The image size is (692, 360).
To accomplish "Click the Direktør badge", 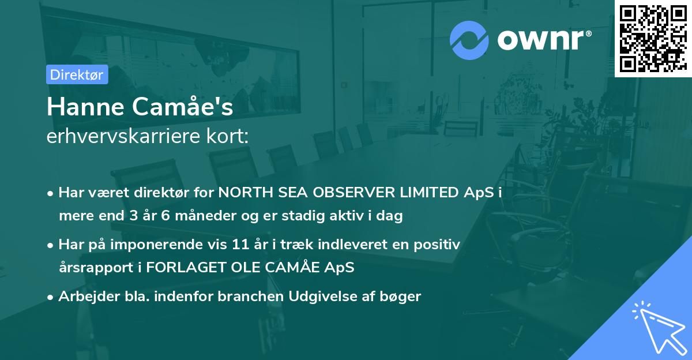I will (x=77, y=74).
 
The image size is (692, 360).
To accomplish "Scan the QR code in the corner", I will (x=652, y=38).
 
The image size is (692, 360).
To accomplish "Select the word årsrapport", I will (x=90, y=268).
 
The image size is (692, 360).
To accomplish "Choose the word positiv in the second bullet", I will (x=441, y=245).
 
